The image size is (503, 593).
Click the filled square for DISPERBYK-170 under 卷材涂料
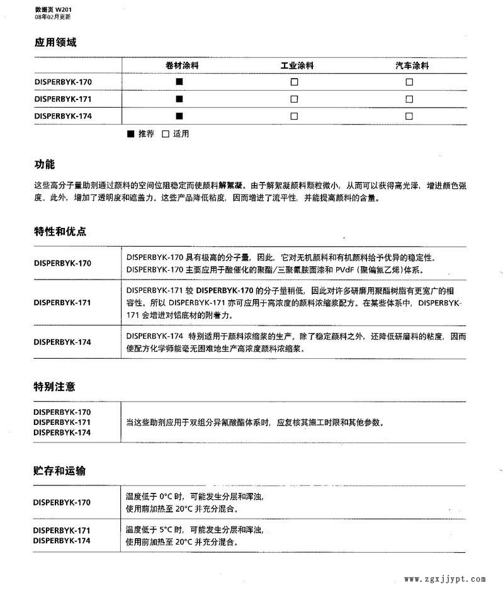(179, 82)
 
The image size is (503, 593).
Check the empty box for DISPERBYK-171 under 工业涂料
(294, 99)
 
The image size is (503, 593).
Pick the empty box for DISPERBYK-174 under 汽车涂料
(409, 116)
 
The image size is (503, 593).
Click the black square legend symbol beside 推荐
(131, 134)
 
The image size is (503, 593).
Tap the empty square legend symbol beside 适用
(166, 134)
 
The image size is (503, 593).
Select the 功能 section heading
(44, 164)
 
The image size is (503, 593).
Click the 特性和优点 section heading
(60, 231)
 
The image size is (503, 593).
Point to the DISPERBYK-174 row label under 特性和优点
(62, 342)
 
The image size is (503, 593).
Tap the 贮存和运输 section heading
(60, 471)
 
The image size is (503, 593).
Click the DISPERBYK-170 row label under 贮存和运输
(62, 502)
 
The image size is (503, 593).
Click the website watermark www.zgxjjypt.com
(444, 579)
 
